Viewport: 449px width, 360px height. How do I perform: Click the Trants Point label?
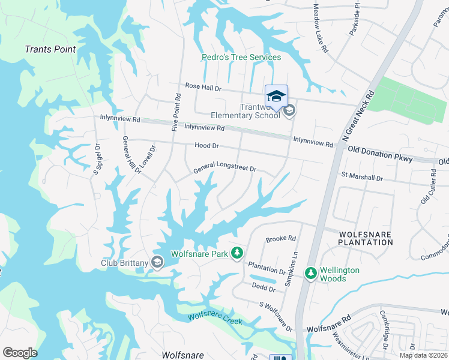click(50, 49)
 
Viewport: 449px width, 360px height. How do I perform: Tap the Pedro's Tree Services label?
click(241, 58)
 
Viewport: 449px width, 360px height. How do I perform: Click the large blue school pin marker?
click(276, 97)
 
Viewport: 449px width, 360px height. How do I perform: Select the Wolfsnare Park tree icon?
click(238, 254)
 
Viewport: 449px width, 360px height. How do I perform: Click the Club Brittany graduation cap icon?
click(157, 261)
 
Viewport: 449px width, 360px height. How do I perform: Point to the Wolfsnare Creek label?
click(215, 319)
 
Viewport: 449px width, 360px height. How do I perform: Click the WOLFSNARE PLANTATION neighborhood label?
click(365, 238)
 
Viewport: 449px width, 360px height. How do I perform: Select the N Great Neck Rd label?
click(358, 116)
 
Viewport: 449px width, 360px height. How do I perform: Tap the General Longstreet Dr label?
click(224, 170)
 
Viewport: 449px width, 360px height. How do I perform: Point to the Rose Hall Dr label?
click(203, 88)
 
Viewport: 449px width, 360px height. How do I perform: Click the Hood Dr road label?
click(206, 146)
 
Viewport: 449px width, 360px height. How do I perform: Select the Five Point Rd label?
click(176, 112)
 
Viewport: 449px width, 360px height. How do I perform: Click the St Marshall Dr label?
click(362, 178)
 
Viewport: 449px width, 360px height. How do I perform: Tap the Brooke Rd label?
click(281, 238)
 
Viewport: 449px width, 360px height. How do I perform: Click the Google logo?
click(20, 353)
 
